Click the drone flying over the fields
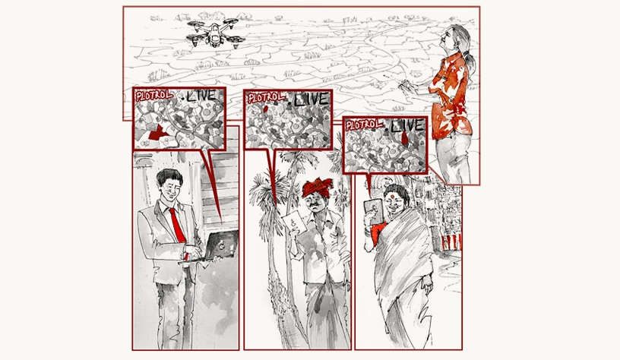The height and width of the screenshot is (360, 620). point(215,33)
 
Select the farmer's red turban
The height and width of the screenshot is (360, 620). point(317,188)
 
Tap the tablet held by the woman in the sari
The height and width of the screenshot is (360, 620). point(373,212)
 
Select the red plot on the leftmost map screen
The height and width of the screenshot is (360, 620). point(157,133)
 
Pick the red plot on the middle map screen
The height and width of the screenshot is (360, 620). point(266,108)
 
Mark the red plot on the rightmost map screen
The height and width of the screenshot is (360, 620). point(405,137)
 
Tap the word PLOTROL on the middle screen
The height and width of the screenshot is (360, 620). point(266,97)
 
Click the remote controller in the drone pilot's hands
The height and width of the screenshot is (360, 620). point(406,86)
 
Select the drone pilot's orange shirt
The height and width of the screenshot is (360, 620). point(451,96)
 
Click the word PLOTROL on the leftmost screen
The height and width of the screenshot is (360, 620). point(153,95)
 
